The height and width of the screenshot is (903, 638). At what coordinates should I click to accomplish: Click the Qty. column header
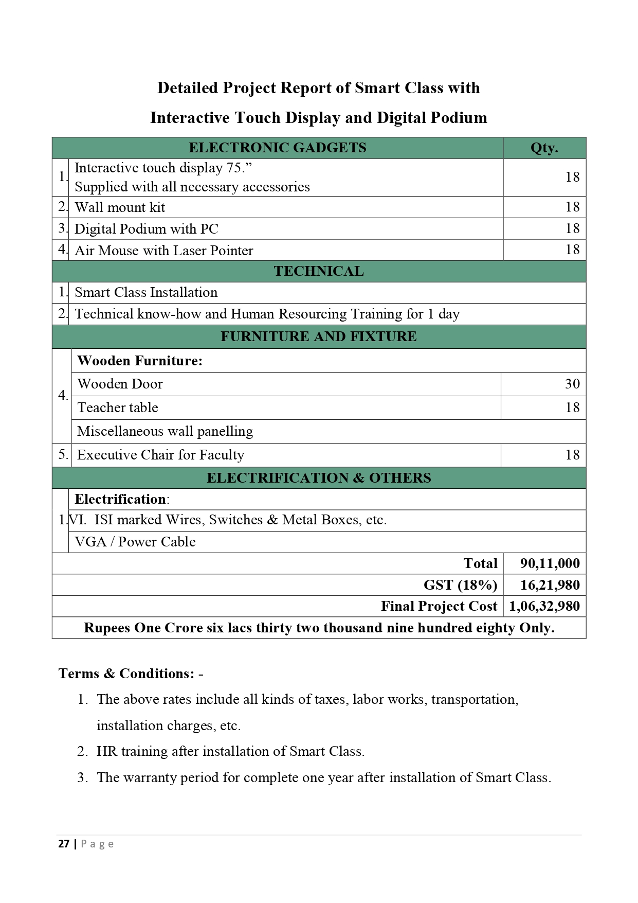pos(544,148)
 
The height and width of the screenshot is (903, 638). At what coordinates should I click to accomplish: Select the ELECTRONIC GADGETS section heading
pos(277,148)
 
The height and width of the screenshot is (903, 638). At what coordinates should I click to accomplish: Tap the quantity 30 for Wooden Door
pos(572,384)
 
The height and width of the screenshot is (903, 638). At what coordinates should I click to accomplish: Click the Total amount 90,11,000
pos(550,563)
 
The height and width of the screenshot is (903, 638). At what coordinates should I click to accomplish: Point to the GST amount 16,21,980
pos(550,585)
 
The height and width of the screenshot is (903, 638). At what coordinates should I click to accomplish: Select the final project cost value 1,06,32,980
pos(544,606)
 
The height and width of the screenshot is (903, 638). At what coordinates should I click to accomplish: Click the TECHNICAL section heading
pos(318,271)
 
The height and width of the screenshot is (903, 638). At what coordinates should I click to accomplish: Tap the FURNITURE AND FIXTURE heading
pos(318,337)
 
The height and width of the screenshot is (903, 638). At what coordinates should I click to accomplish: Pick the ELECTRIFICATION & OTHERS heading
pos(318,478)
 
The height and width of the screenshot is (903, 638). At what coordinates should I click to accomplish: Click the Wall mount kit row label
pos(120,207)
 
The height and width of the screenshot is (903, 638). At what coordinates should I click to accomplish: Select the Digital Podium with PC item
pos(147,229)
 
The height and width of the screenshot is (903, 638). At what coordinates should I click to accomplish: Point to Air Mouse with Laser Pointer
pos(164,251)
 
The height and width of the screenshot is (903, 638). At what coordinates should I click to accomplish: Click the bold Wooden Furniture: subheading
pos(140,361)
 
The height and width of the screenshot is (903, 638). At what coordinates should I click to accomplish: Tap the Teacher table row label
pos(118,408)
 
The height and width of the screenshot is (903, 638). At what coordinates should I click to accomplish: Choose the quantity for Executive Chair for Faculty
pos(572,455)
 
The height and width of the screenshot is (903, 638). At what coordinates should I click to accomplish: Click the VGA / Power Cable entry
pos(135,542)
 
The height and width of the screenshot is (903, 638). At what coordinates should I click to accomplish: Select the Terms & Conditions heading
pos(126,674)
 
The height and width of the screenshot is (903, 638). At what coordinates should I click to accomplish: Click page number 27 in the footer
pos(64,844)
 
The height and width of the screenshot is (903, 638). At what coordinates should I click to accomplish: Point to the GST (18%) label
pos(460,585)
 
